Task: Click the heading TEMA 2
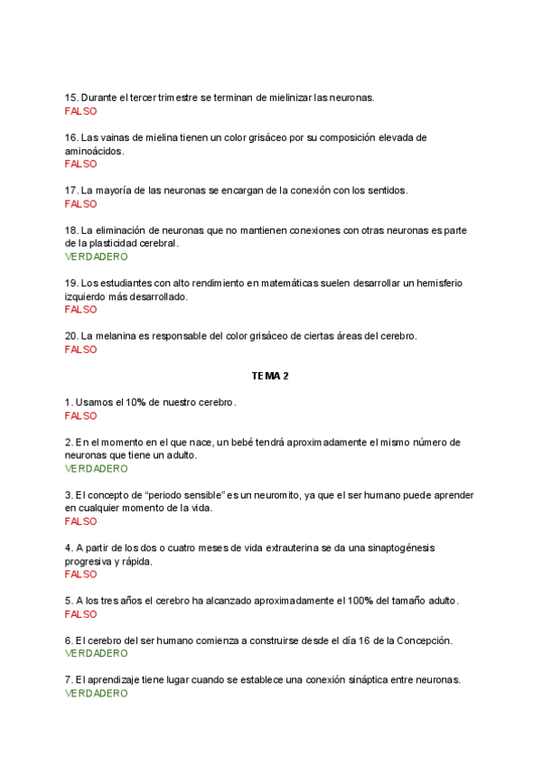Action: [x=270, y=375]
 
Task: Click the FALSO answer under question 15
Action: [x=80, y=111]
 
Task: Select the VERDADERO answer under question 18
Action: [x=97, y=257]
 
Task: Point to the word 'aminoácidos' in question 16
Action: [x=94, y=151]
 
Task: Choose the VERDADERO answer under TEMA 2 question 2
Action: [x=97, y=469]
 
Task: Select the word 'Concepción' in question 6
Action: [x=420, y=640]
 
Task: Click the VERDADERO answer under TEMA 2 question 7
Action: [x=97, y=694]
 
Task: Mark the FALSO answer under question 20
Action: [x=80, y=350]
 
